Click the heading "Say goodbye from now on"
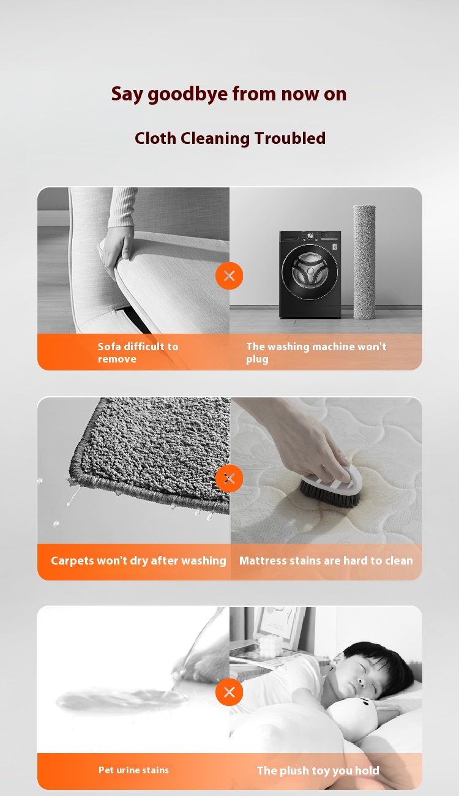tap(229, 94)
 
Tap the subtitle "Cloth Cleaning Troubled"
tap(230, 138)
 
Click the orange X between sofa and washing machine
tap(229, 276)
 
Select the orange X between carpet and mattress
tap(229, 478)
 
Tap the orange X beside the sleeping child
tap(229, 692)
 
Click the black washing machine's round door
tap(310, 272)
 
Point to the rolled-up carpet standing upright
tap(365, 261)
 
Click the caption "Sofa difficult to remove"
tap(138, 353)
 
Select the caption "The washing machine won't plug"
tap(316, 353)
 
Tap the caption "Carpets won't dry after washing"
tap(138, 560)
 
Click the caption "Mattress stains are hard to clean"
tap(326, 560)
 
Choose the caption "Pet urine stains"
tap(133, 770)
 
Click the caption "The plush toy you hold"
tap(318, 770)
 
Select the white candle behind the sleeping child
tap(269, 644)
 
